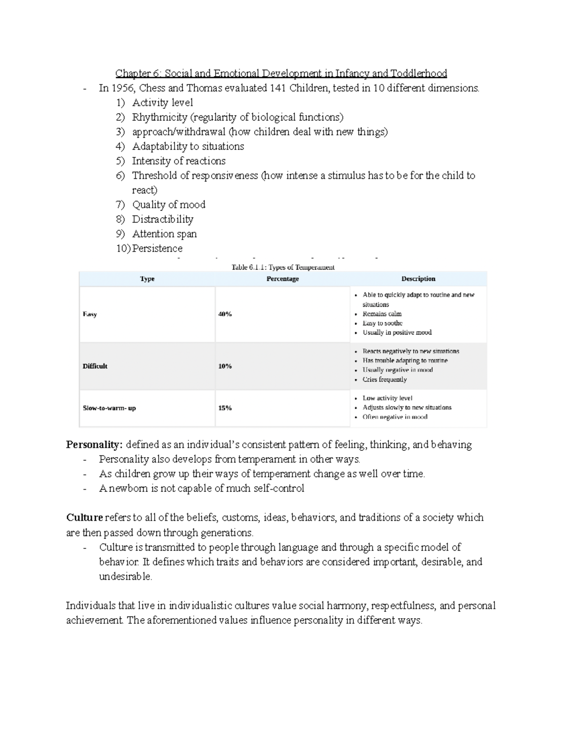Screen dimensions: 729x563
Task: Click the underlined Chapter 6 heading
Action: pyautogui.click(x=281, y=74)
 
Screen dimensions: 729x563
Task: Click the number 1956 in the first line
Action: pyautogui.click(x=123, y=88)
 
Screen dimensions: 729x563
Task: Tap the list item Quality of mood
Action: pyautogui.click(x=168, y=205)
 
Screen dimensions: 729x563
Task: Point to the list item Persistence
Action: pyautogui.click(x=157, y=248)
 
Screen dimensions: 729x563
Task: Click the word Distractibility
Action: pyautogui.click(x=162, y=219)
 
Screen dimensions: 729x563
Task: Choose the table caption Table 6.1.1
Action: pyautogui.click(x=283, y=268)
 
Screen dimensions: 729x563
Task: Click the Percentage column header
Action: pyautogui.click(x=282, y=279)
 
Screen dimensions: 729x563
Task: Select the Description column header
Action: pyautogui.click(x=418, y=279)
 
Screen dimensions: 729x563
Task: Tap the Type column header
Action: pyautogui.click(x=147, y=279)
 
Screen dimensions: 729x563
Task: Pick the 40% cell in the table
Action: pyautogui.click(x=225, y=314)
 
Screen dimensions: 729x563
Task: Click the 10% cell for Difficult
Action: pyautogui.click(x=225, y=366)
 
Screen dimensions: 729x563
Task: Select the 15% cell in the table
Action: pyautogui.click(x=225, y=408)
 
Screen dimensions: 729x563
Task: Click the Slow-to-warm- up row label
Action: pyautogui.click(x=109, y=408)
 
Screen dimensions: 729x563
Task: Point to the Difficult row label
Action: pyautogui.click(x=95, y=366)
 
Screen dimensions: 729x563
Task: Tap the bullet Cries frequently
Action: pyautogui.click(x=384, y=379)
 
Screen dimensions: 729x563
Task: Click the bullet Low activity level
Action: pyautogui.click(x=387, y=398)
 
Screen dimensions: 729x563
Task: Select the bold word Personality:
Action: pyautogui.click(x=94, y=445)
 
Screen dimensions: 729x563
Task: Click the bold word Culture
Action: pyautogui.click(x=84, y=518)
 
